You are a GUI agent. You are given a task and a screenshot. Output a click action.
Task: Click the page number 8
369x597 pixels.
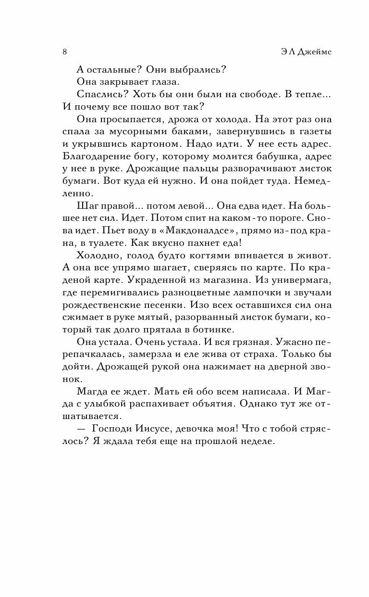coord(64,52)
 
